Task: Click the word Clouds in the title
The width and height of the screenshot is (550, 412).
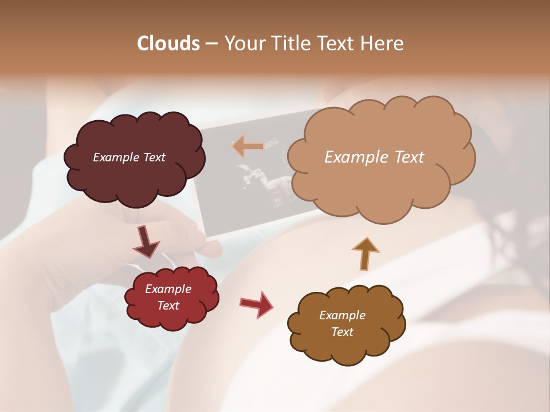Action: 169,43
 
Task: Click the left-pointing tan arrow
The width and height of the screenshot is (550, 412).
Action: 248,146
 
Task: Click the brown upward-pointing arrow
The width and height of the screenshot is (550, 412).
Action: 365,253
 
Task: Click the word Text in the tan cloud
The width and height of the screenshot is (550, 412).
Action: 405,157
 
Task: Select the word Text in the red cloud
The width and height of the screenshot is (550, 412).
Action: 168,306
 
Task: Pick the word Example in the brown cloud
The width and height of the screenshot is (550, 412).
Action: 342,315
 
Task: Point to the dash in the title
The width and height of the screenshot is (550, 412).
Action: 211,44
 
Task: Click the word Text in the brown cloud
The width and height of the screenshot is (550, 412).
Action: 342,332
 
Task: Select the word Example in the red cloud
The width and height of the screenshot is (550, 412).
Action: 168,289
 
